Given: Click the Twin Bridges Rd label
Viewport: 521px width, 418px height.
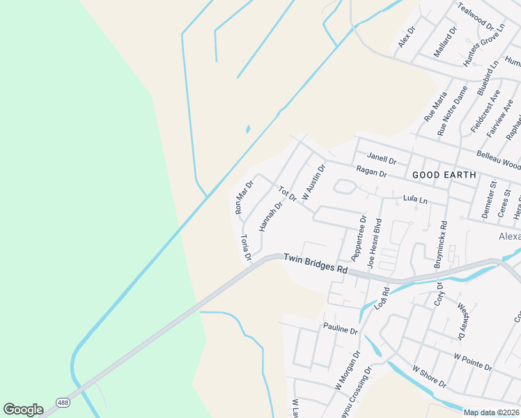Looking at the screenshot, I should [x=315, y=263].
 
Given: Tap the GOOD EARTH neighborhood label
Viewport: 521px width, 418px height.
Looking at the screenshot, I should [x=444, y=175].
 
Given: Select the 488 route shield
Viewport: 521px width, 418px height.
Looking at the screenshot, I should [x=63, y=403].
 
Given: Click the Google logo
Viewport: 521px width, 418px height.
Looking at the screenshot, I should [x=23, y=410].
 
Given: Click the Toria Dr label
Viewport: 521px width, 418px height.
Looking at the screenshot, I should [x=246, y=248].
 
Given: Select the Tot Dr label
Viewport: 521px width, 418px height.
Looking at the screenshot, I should [x=288, y=194].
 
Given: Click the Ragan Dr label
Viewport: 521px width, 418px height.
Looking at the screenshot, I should [x=371, y=170].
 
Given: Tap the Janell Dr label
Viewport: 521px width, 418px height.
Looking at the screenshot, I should [x=381, y=159].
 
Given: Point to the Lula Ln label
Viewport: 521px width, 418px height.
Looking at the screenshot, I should [x=415, y=199].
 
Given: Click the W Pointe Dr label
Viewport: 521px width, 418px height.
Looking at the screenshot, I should [x=473, y=361].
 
